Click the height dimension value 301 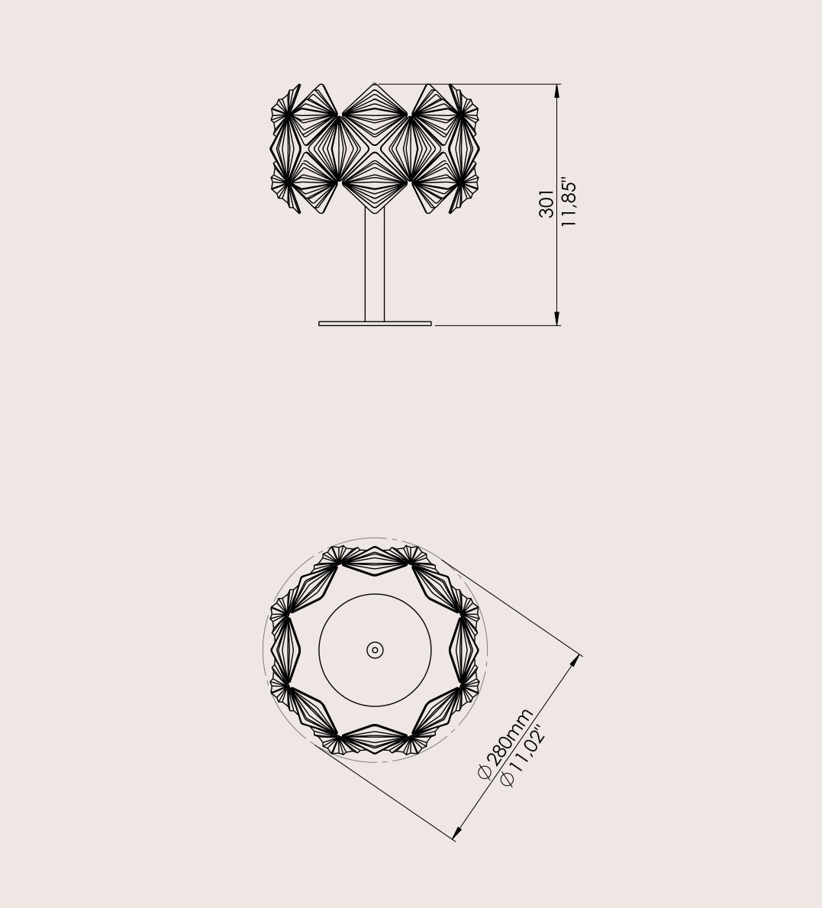[546, 204]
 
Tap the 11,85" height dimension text [569, 202]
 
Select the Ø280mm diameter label [505, 744]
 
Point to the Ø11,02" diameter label [524, 756]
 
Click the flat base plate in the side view [375, 324]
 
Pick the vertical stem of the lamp [375, 264]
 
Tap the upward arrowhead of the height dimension [557, 91]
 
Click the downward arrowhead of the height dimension [557, 318]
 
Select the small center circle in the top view [375, 651]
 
